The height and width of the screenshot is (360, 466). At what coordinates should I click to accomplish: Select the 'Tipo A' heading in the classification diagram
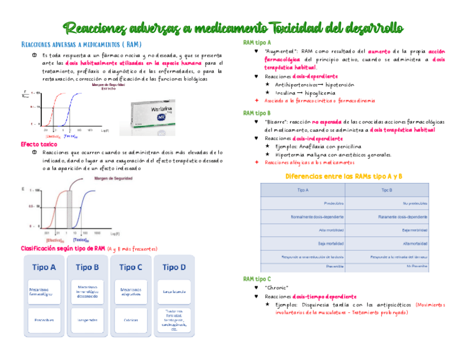pyautogui.click(x=44, y=268)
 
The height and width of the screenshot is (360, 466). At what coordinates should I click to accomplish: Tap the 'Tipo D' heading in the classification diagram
pyautogui.click(x=174, y=268)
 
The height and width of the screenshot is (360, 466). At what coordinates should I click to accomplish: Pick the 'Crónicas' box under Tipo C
pyautogui.click(x=131, y=319)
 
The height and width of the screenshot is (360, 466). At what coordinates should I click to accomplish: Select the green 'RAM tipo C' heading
pyautogui.click(x=257, y=279)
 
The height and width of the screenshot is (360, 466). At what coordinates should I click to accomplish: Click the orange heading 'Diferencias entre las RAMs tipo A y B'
pyautogui.click(x=345, y=176)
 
